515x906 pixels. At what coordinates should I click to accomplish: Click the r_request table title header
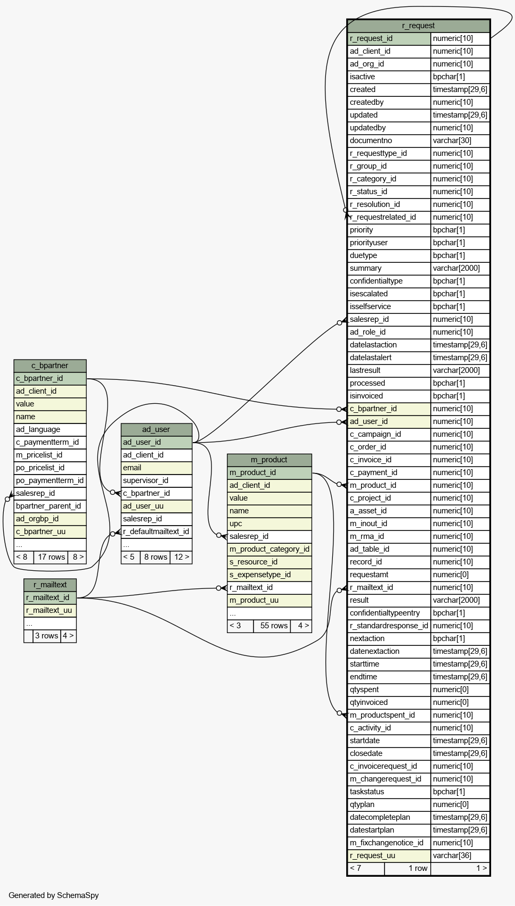click(x=418, y=26)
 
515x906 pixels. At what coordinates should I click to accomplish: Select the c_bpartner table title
click(x=50, y=365)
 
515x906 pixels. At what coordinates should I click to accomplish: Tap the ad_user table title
click(x=156, y=429)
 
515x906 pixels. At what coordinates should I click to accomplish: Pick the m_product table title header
click(x=269, y=460)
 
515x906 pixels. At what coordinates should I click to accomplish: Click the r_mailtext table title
click(x=50, y=585)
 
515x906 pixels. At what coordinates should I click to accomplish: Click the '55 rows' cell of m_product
click(x=274, y=626)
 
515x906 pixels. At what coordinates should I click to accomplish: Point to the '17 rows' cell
click(x=51, y=557)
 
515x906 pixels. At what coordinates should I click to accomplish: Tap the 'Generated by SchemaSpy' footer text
click(x=53, y=895)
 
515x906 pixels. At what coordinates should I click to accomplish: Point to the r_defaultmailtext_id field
click(x=156, y=531)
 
